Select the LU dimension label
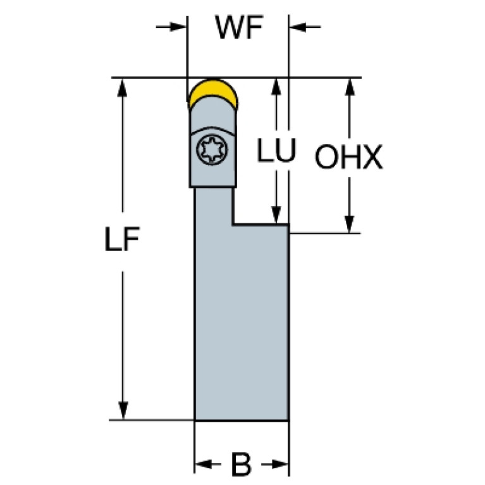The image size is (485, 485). (276, 152)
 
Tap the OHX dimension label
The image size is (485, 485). (348, 158)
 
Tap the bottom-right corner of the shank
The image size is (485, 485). (288, 420)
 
